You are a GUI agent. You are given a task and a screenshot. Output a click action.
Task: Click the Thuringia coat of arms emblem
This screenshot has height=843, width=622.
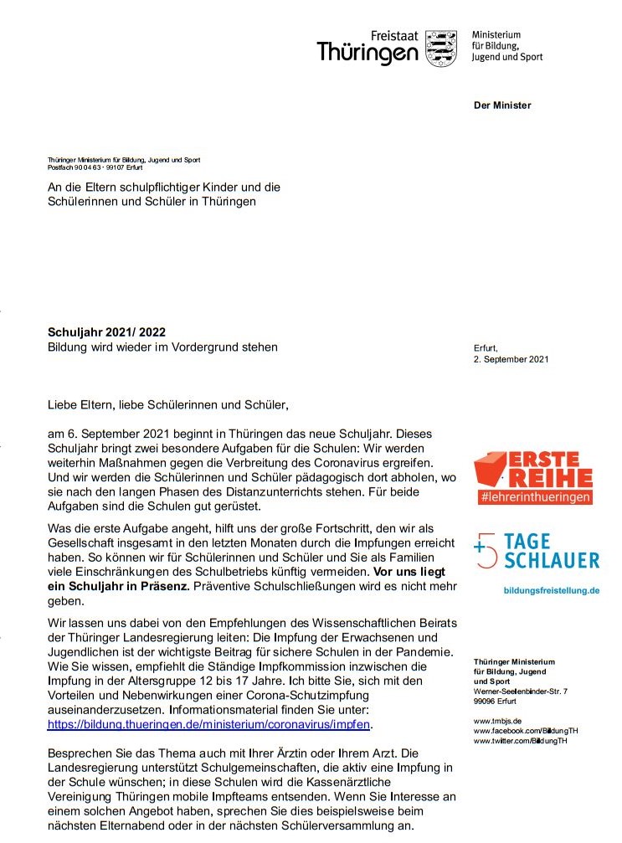tap(441, 49)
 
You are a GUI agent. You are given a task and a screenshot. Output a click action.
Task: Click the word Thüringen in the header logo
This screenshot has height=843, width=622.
tap(367, 54)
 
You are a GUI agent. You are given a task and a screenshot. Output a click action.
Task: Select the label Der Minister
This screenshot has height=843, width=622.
tap(502, 105)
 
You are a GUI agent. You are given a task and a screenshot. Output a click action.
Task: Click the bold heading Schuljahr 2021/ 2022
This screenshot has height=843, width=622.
tap(112, 332)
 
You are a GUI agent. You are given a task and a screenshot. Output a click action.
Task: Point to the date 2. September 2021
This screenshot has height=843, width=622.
tap(511, 359)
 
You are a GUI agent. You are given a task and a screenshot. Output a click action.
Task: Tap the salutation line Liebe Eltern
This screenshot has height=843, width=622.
tap(167, 406)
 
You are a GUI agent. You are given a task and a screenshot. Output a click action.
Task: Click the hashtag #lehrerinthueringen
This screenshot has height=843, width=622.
tap(536, 497)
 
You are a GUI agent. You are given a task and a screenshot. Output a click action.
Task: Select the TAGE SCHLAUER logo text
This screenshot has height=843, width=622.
tap(553, 551)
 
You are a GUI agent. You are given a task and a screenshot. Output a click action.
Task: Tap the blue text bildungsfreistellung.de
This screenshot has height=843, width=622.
tap(552, 590)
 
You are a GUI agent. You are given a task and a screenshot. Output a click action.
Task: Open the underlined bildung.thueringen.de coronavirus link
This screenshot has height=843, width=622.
tap(208, 723)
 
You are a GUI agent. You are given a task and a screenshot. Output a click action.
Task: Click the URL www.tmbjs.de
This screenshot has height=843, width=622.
tap(498, 720)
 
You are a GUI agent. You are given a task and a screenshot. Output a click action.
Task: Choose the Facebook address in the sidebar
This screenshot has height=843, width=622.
tap(526, 731)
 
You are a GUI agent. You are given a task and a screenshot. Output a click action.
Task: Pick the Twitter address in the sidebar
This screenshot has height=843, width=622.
tap(520, 741)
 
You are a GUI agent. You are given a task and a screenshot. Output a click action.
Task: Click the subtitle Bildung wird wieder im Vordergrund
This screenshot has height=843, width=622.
tap(162, 347)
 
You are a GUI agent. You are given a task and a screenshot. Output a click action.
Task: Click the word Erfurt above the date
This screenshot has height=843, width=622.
tap(486, 347)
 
